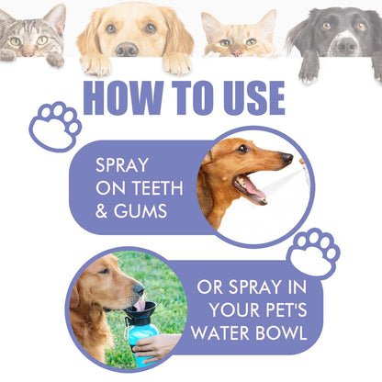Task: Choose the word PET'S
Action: pyautogui.click(x=281, y=309)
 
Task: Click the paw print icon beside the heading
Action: pyautogui.click(x=55, y=125)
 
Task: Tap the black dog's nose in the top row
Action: pyautogui.click(x=345, y=43)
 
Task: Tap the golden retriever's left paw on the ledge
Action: pyautogui.click(x=95, y=64)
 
